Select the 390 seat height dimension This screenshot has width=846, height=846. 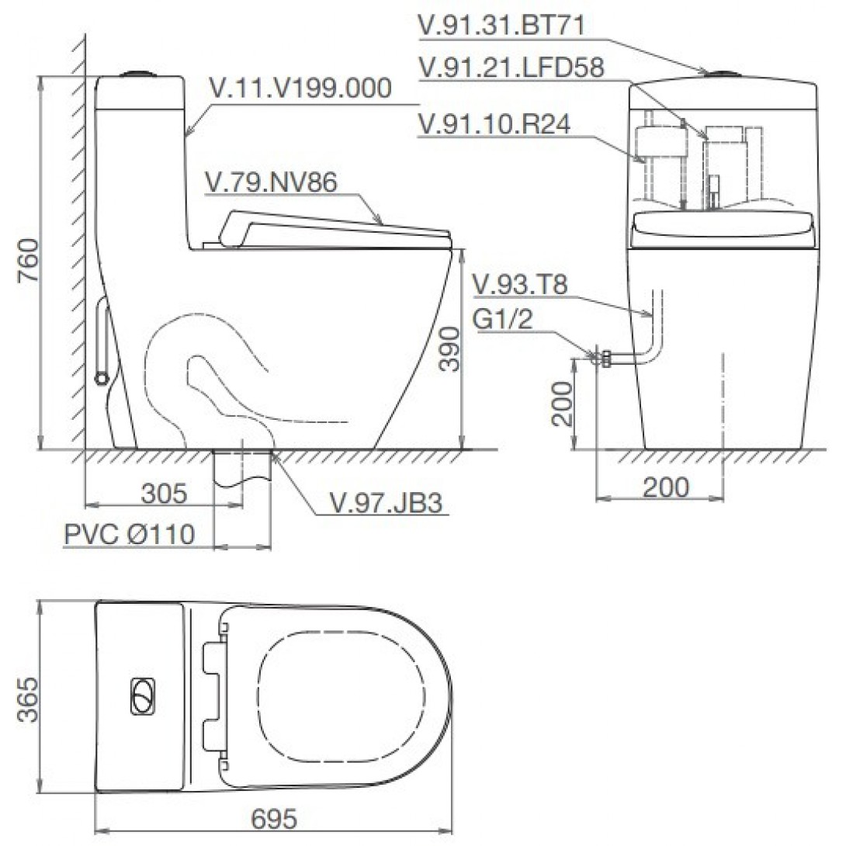pos(448,350)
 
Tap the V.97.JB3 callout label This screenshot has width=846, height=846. pos(385,504)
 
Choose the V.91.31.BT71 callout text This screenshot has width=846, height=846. pos(501,26)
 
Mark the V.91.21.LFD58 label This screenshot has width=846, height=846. pos(511,68)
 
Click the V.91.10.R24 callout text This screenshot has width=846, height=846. pos(494,124)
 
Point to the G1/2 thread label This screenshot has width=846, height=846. pos(502,321)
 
